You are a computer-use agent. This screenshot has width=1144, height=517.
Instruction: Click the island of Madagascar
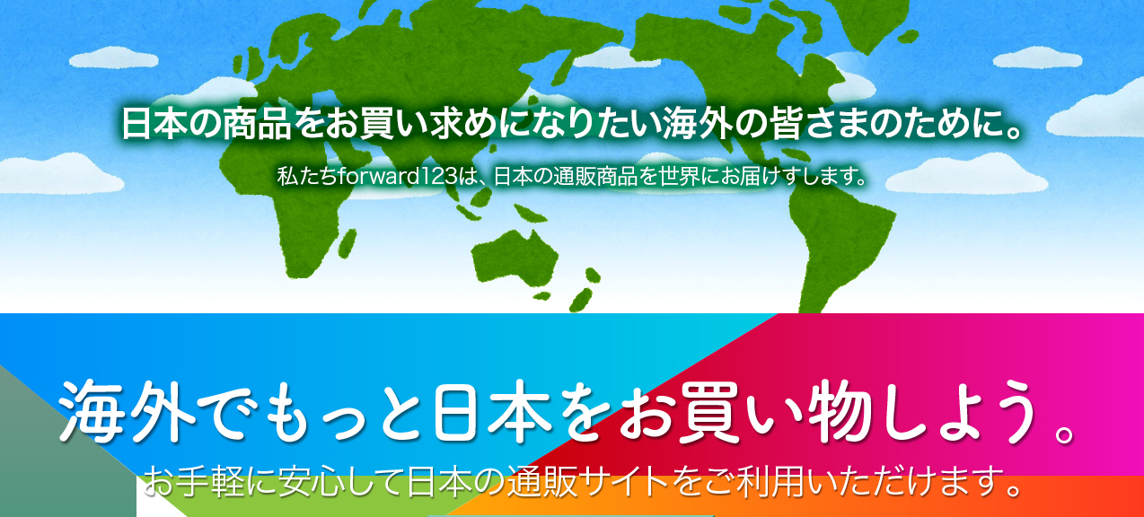pos(348,243)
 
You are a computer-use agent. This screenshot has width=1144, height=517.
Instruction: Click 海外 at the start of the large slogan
pos(128,410)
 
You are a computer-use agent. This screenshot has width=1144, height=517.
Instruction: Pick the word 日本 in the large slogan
pos(492,410)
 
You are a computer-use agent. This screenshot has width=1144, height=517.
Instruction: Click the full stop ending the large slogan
pos(1061,433)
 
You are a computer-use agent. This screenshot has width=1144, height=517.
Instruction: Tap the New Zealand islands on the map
pos(585,288)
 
